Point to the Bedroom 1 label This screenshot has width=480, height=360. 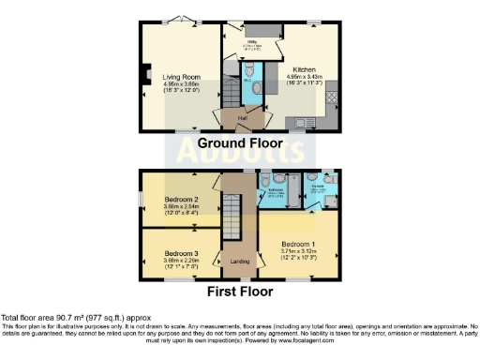[299, 244]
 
